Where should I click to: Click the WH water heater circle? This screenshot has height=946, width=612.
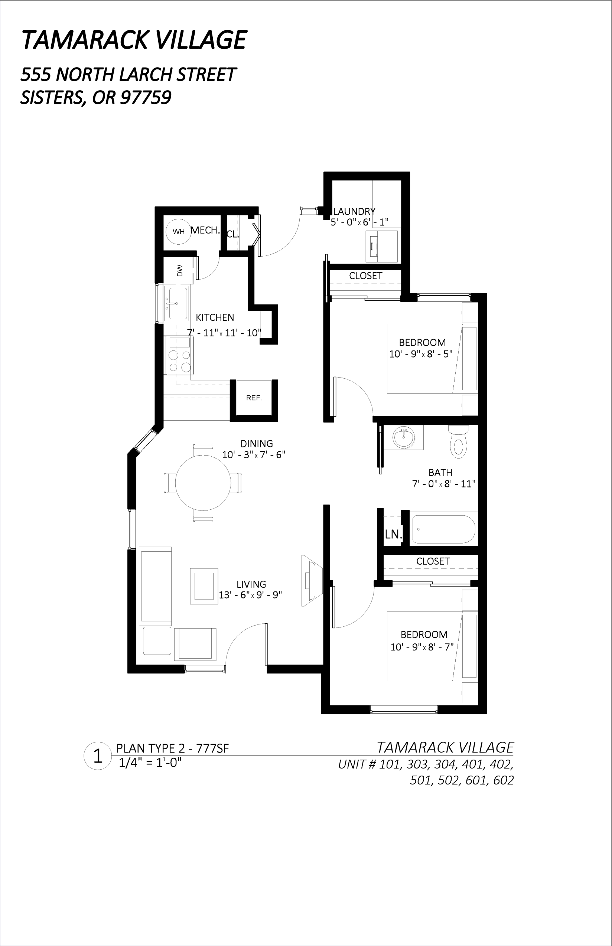tap(178, 231)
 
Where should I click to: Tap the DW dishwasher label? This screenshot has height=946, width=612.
tap(180, 271)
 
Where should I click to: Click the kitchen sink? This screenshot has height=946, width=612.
tap(177, 303)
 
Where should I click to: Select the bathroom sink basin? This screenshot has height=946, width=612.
tap(404, 438)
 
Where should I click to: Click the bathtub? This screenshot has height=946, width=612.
tap(443, 529)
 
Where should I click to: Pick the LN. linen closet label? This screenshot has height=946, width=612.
tap(393, 534)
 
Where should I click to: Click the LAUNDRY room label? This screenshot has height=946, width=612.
tap(354, 211)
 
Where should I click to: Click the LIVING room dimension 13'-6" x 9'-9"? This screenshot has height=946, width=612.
tap(250, 595)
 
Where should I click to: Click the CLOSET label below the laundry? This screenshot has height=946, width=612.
tap(366, 276)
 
